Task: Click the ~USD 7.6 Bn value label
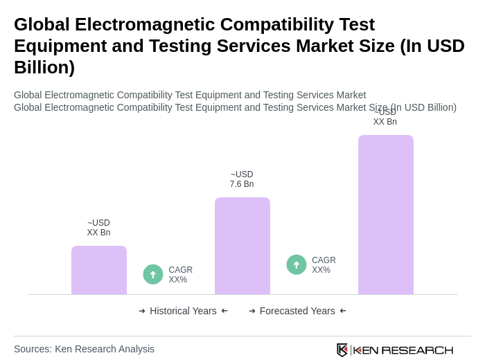tap(242, 179)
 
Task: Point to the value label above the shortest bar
tap(98, 228)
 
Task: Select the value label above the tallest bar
tap(385, 117)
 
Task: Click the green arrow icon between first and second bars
tap(153, 274)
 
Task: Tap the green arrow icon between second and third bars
tap(297, 264)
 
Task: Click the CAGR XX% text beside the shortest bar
tap(180, 275)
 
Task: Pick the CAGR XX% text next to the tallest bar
tap(324, 265)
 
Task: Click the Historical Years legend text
tap(183, 311)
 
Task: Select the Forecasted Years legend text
tap(297, 311)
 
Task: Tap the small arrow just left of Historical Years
tap(142, 311)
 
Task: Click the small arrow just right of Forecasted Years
tap(343, 311)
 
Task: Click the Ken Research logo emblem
tap(342, 350)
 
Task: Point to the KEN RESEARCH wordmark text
tap(403, 350)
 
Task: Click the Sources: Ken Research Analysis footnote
tap(84, 349)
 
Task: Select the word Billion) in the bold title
tap(44, 67)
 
